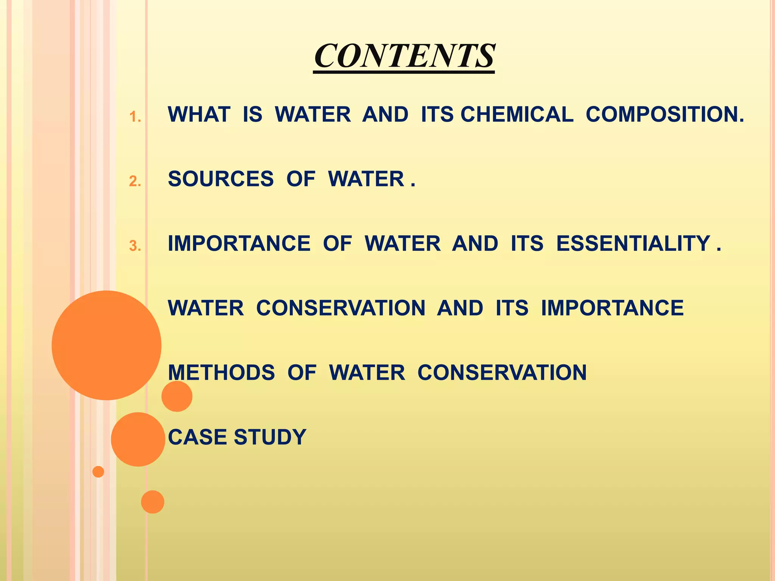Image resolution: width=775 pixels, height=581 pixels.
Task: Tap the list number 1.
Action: [135, 117]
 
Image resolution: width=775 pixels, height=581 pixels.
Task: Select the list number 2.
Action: [135, 182]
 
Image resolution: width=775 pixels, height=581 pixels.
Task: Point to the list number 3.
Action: [135, 246]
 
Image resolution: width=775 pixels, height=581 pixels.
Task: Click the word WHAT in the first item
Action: [199, 114]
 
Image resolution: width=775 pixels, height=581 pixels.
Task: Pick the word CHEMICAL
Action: [517, 114]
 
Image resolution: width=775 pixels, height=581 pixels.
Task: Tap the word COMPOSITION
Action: [665, 114]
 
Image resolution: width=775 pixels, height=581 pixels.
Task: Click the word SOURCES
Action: [221, 179]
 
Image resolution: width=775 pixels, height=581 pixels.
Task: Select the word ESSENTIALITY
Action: [633, 243]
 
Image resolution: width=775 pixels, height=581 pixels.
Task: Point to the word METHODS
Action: [221, 373]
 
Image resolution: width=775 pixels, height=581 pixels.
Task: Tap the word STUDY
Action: [270, 437]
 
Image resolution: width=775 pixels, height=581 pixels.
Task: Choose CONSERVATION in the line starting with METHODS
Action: [502, 373]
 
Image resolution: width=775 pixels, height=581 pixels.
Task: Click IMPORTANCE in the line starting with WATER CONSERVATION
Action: [612, 308]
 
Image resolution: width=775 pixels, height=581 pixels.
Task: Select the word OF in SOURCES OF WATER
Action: [300, 179]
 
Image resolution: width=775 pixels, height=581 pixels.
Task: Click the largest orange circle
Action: [106, 345]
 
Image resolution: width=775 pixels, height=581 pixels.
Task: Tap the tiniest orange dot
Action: [98, 472]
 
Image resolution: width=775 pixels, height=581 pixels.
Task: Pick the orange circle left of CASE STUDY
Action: [138, 439]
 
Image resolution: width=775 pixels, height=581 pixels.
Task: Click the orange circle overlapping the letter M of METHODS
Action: [177, 396]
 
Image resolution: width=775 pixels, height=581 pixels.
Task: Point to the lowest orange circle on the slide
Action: [153, 502]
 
